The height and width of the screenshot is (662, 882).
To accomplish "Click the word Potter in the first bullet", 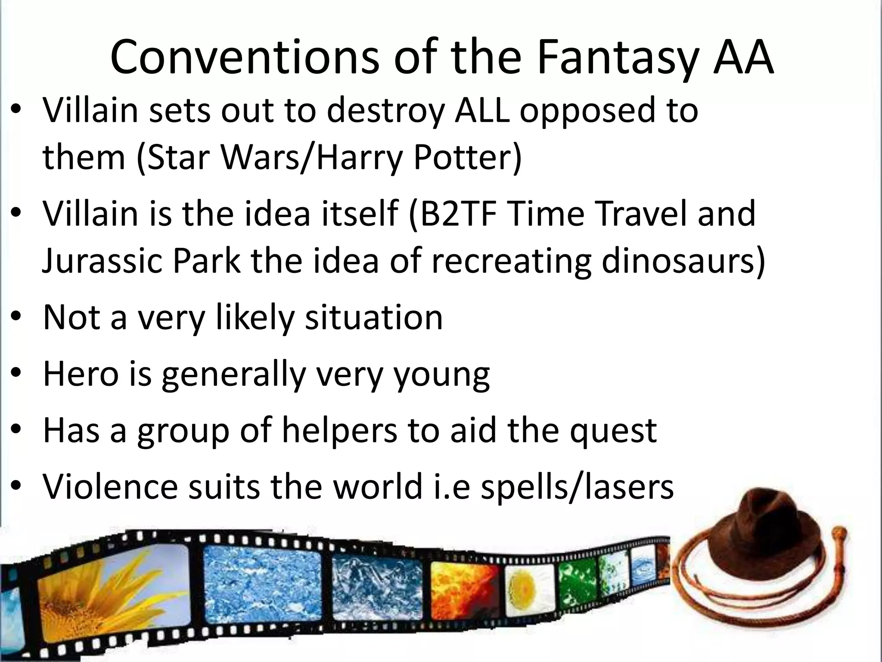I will (467, 158).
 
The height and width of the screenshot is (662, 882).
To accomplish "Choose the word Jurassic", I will (102, 261).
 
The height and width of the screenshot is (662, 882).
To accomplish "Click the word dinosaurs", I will (683, 261).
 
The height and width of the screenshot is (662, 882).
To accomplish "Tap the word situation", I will (373, 317).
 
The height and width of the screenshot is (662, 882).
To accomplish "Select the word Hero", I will (81, 373).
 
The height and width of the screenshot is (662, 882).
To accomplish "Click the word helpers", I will (339, 430).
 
